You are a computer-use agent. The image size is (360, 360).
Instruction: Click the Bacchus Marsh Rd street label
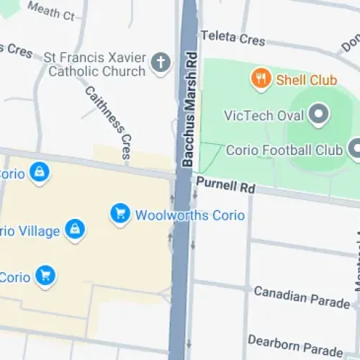[188, 111]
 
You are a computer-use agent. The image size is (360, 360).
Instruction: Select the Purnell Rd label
[225, 186]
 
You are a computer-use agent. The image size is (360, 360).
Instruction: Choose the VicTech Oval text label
[263, 115]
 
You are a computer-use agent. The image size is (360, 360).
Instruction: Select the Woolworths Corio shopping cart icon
[120, 213]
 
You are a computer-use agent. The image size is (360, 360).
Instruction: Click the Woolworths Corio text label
[190, 215]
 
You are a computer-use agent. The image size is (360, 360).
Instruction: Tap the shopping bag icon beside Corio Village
[75, 230]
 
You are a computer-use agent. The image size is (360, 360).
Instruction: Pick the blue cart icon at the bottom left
[46, 276]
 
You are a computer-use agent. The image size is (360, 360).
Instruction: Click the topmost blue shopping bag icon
[40, 172]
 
